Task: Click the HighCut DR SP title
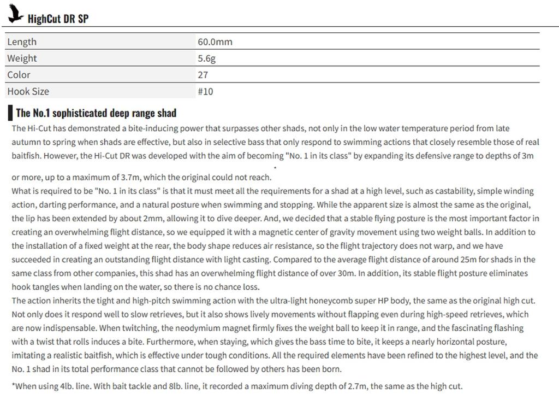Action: click(58, 19)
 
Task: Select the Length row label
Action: click(22, 42)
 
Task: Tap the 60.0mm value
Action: click(215, 42)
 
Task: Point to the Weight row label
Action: click(22, 58)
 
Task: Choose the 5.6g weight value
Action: click(206, 58)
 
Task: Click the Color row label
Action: click(19, 75)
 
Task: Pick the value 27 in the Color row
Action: click(203, 75)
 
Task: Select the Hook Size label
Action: click(28, 91)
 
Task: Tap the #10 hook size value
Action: click(205, 91)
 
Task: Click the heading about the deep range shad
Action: click(96, 113)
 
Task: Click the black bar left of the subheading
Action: click(10, 113)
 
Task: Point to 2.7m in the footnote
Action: click(358, 386)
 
